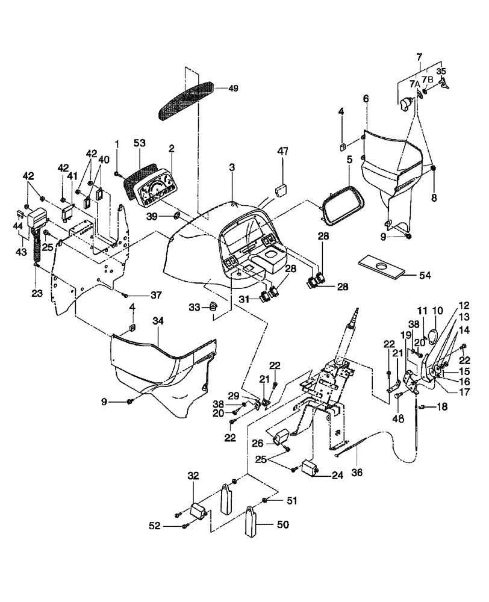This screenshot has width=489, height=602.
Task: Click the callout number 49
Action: click(x=233, y=88)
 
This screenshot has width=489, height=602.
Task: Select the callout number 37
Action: click(x=157, y=294)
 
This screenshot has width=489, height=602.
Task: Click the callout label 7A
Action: click(x=414, y=84)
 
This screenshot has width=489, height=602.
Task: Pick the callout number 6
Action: click(x=365, y=98)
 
